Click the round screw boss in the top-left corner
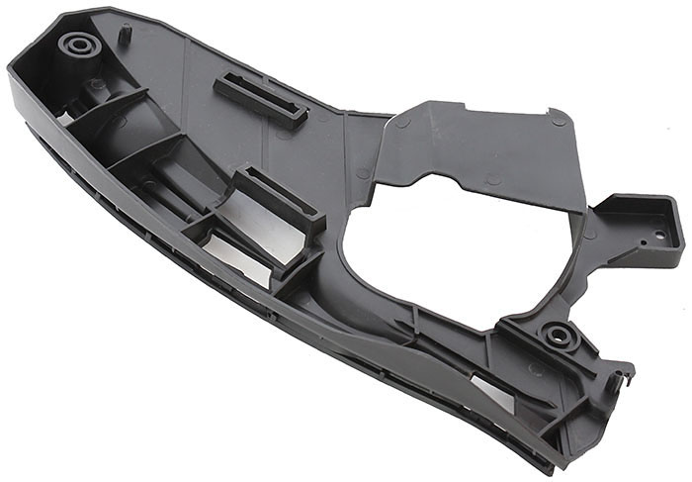(77, 45)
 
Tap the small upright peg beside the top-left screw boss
(126, 32)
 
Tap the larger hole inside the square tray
(659, 235)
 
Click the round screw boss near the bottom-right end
(559, 335)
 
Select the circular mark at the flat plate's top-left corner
(402, 122)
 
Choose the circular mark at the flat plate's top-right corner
(559, 120)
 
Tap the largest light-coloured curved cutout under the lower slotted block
(237, 257)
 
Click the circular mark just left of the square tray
(589, 235)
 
